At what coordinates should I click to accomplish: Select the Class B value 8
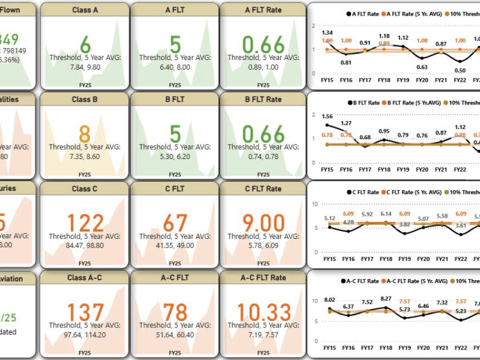[85, 134]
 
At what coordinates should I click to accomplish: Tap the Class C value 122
[85, 223]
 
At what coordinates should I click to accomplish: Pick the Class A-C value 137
[85, 313]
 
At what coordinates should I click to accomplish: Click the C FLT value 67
[175, 223]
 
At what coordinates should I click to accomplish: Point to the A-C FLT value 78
[175, 313]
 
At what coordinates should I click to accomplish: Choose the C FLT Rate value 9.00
[264, 223]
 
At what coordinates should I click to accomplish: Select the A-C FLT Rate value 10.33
[264, 313]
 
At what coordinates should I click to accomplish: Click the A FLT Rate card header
[264, 10]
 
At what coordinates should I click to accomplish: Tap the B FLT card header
[175, 99]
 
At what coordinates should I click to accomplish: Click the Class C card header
[85, 188]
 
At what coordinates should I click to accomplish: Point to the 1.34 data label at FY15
[327, 32]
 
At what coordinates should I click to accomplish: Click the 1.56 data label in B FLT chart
[328, 116]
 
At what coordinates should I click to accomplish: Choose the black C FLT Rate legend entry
[362, 192]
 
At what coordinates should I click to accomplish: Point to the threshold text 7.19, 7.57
[264, 334]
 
